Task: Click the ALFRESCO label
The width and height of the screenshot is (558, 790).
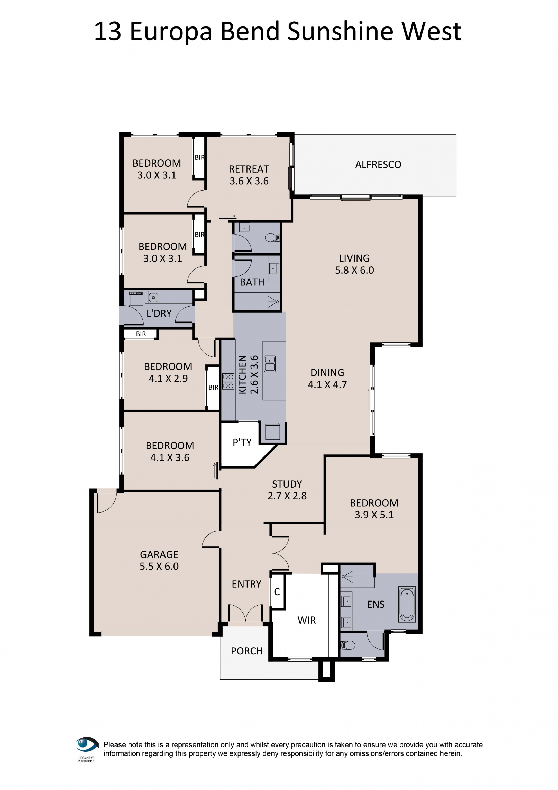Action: [378, 165]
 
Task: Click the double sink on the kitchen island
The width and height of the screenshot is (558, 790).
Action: [270, 364]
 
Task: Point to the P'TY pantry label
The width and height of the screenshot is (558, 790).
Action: [242, 443]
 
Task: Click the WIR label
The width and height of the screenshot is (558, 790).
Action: [306, 620]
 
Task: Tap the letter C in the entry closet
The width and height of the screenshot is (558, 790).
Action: [277, 592]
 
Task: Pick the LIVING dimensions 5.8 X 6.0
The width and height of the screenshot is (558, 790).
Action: [354, 270]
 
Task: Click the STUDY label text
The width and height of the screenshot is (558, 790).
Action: [287, 484]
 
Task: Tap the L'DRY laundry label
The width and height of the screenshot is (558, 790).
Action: [159, 313]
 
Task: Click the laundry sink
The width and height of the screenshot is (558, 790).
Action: [153, 297]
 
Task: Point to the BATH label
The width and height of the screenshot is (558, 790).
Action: [252, 282]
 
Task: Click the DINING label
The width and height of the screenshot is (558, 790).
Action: [327, 373]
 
